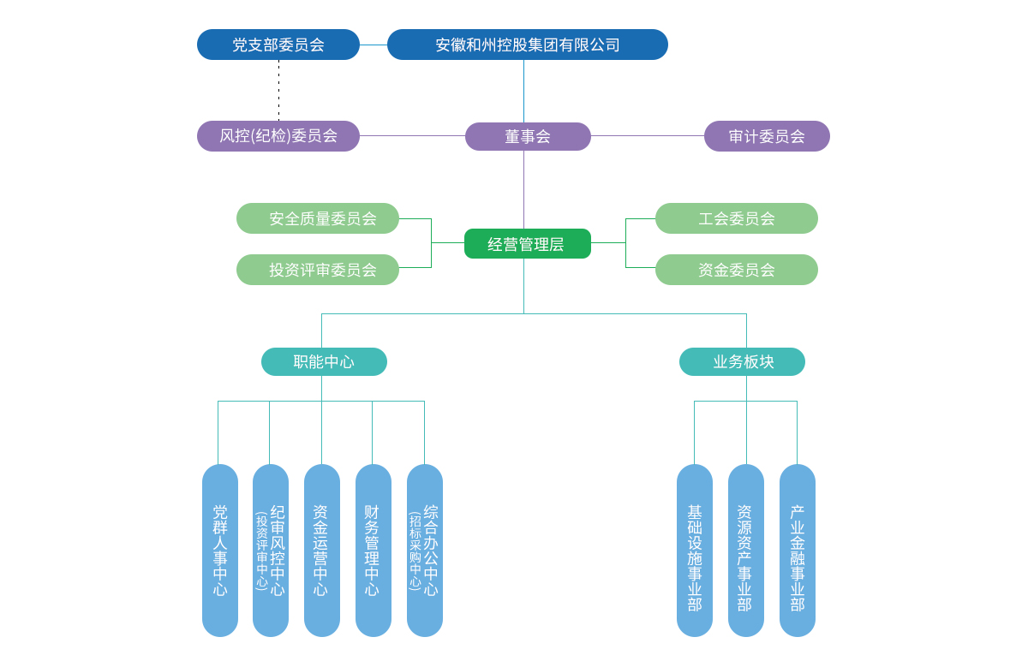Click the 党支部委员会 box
(x=278, y=45)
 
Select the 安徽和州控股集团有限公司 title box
(x=528, y=45)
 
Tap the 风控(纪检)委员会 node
(x=278, y=136)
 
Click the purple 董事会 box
(x=528, y=136)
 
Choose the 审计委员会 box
(x=767, y=136)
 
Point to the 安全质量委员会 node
(x=318, y=218)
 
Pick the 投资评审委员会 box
(x=318, y=270)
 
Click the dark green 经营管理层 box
(x=528, y=243)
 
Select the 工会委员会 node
(x=737, y=218)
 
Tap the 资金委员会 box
(x=737, y=270)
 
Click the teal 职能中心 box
(x=324, y=361)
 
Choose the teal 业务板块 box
(x=742, y=361)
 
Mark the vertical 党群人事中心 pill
(x=220, y=550)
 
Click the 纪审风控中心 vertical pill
(x=271, y=550)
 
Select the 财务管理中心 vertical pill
(x=374, y=550)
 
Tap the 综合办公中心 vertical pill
(x=425, y=550)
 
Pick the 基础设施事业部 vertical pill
(x=695, y=550)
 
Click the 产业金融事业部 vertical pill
(x=798, y=550)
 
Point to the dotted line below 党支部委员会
(x=278, y=91)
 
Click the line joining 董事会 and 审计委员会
(x=648, y=136)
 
